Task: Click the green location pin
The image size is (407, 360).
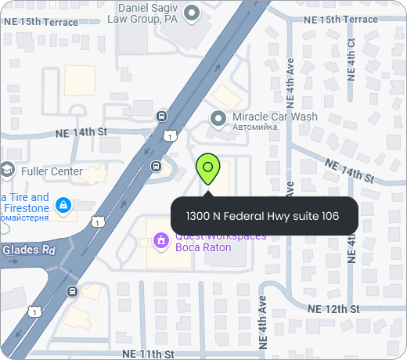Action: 208,168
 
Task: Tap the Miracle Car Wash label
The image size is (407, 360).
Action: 276,117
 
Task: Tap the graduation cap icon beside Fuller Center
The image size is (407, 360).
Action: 7,170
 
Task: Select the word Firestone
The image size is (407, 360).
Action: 26,208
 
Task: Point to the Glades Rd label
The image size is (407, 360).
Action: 28,250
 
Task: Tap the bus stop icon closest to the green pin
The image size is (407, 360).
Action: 156,166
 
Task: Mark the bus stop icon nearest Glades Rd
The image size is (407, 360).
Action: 73,292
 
